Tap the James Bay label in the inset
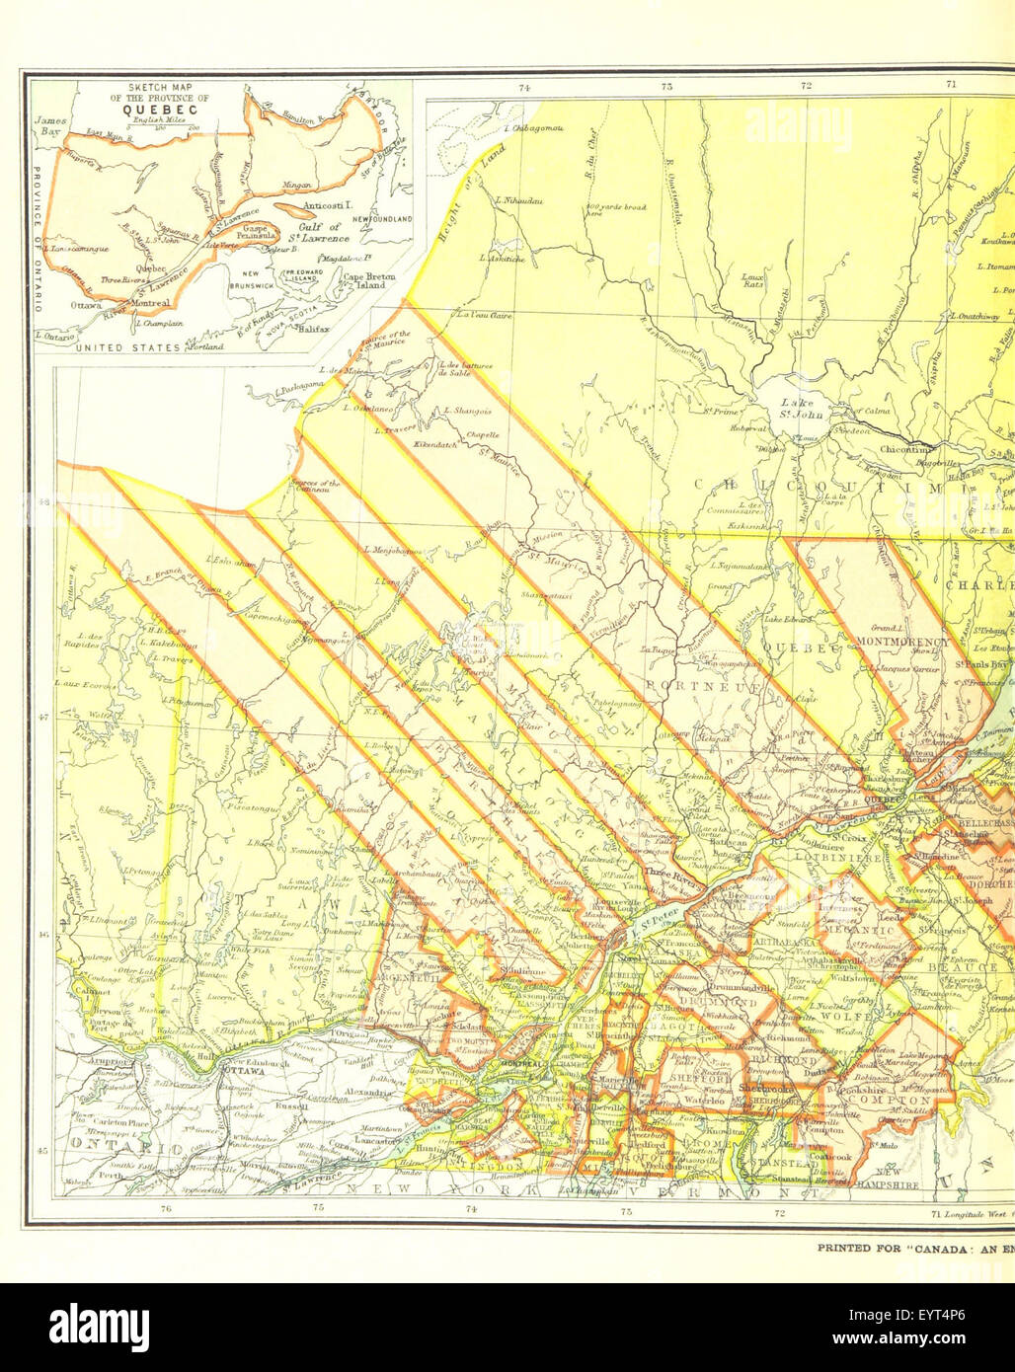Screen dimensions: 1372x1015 [49, 125]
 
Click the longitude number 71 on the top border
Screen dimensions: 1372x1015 [951, 85]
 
